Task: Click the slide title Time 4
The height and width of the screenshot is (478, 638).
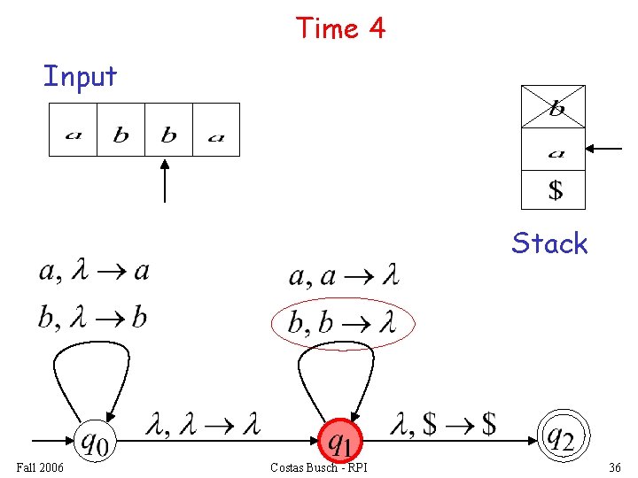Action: click(x=340, y=28)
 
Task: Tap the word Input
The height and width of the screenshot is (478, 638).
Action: click(x=80, y=76)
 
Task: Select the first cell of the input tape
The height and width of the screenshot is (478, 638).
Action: click(x=73, y=130)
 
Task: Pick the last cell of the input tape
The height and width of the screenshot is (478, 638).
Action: click(x=216, y=130)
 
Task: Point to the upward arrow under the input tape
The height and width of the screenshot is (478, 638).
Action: click(x=166, y=181)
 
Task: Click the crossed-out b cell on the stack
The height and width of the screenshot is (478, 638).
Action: click(x=553, y=107)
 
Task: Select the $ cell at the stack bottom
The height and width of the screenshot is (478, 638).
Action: click(x=553, y=189)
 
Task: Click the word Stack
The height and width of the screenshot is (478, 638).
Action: click(x=549, y=243)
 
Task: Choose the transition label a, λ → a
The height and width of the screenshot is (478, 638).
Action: click(x=94, y=272)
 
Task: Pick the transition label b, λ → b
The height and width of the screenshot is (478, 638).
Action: click(x=92, y=317)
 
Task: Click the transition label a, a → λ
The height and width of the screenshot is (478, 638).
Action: click(x=344, y=277)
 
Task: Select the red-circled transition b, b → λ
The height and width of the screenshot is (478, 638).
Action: click(x=340, y=323)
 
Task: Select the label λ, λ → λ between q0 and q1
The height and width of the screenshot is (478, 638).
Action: click(x=202, y=426)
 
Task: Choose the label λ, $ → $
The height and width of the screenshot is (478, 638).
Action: click(x=442, y=426)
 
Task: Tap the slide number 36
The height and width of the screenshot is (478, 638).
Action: click(x=615, y=466)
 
